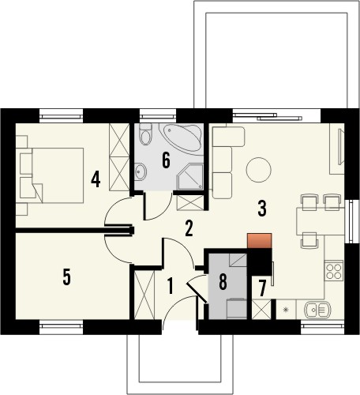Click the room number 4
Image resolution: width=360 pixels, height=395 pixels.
pos(95,179)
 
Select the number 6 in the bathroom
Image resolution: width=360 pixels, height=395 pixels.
pos(166,160)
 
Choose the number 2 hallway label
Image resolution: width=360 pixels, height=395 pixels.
pos(189,229)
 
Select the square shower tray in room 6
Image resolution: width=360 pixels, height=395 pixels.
pos(189,177)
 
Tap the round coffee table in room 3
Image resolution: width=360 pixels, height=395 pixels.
pos(257,168)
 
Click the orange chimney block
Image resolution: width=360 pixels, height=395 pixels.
pos(259,241)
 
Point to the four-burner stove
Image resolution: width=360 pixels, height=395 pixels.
pos(334,271)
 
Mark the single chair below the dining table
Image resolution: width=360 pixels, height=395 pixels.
pos(310,238)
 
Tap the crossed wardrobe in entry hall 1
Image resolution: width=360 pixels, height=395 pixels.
pos(144,294)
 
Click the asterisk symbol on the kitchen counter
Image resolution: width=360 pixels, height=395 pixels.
pos(285,309)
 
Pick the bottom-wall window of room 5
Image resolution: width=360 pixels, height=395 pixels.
pos(62,322)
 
